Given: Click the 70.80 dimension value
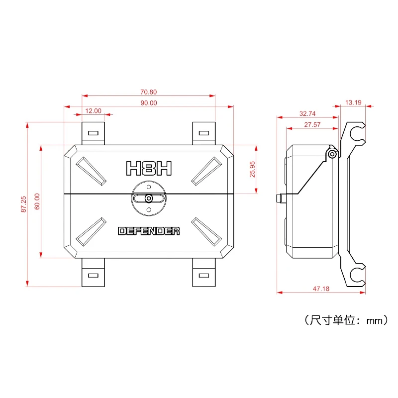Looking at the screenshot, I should pyautogui.click(x=149, y=92).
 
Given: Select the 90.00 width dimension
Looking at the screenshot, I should pyautogui.click(x=149, y=103).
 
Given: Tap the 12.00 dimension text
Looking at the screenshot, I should pyautogui.click(x=93, y=110).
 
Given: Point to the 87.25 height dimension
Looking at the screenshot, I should pyautogui.click(x=23, y=204).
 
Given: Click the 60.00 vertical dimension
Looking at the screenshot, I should pyautogui.click(x=37, y=201).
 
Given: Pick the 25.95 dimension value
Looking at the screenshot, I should pyautogui.click(x=252, y=169).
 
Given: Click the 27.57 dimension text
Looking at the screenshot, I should pyautogui.click(x=312, y=125).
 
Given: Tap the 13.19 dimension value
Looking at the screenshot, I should pyautogui.click(x=353, y=102).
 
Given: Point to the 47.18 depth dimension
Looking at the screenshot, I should pyautogui.click(x=321, y=288).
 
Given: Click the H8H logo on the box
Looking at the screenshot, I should pyautogui.click(x=149, y=168).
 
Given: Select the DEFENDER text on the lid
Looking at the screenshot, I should pyautogui.click(x=149, y=231).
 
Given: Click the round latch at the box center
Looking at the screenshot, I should pyautogui.click(x=149, y=198).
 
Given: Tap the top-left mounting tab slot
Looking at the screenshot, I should pyautogui.click(x=93, y=133).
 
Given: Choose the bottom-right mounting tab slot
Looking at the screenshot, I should pyautogui.click(x=203, y=275).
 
